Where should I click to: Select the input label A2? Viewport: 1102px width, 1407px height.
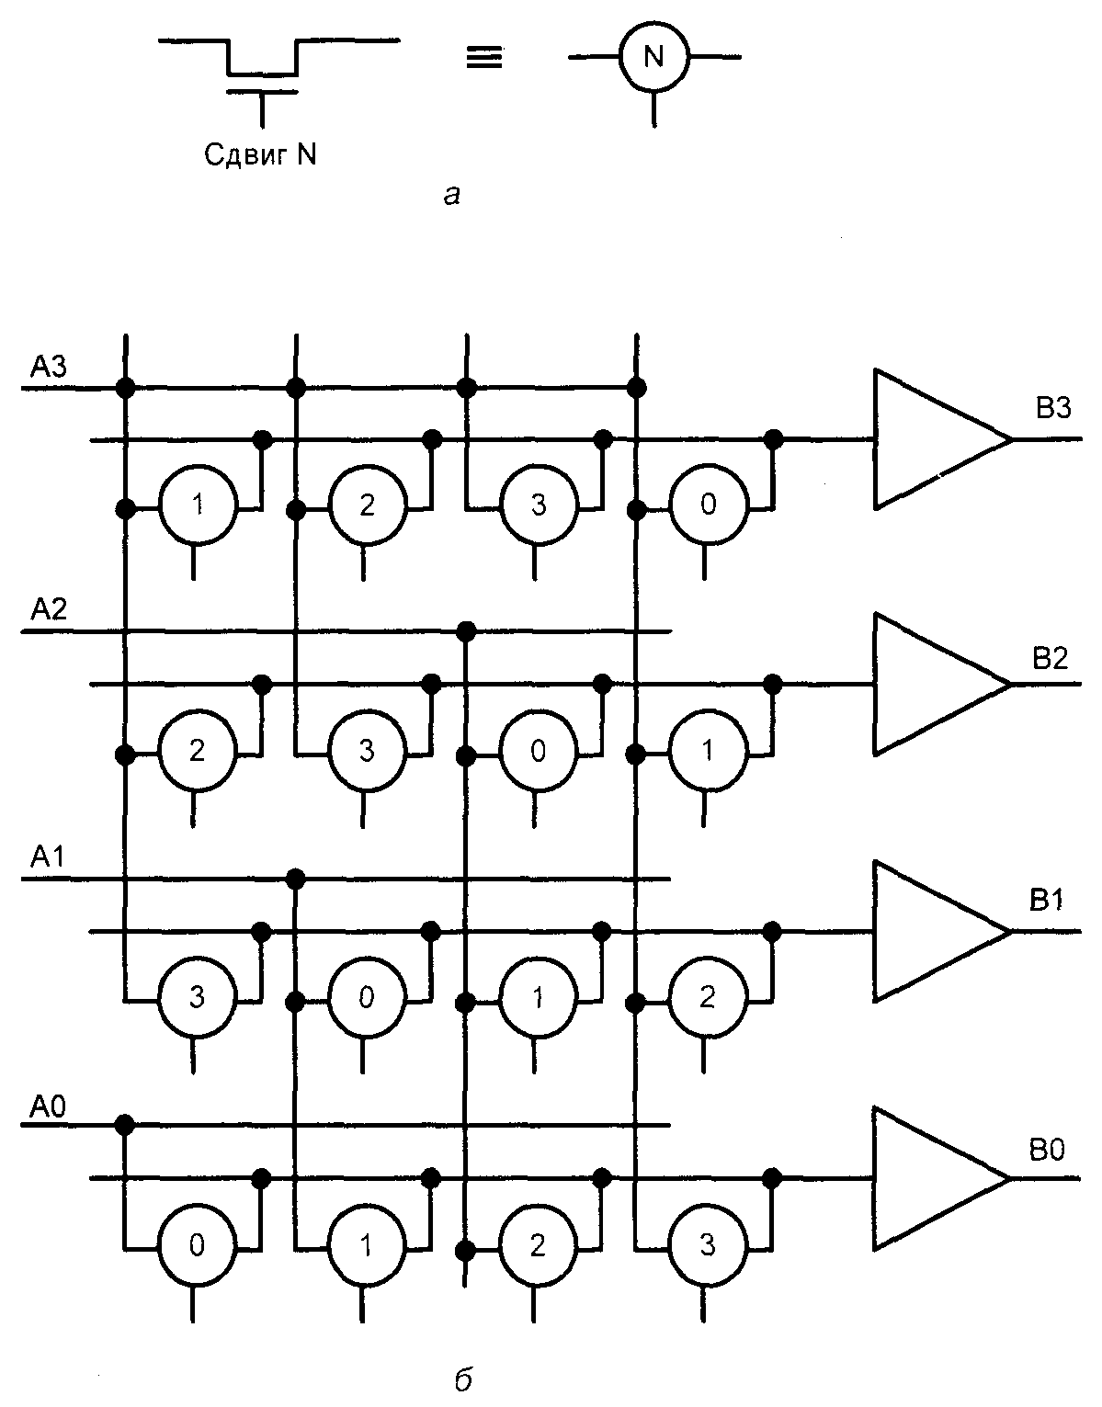tap(47, 610)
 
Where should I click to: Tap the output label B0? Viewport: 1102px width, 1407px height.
tap(1048, 1151)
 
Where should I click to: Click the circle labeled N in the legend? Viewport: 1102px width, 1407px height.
tap(653, 58)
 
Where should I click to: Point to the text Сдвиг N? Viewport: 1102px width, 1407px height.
tap(260, 155)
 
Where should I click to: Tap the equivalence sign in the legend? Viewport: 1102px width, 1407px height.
tap(484, 58)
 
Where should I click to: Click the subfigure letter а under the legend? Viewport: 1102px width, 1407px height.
tap(450, 195)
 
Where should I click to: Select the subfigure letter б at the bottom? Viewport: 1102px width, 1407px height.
tap(463, 1380)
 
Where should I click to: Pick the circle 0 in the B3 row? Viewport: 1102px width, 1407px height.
tap(707, 506)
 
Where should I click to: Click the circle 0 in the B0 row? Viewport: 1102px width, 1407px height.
tap(197, 1246)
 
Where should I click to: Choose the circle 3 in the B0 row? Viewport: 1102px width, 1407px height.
tap(707, 1246)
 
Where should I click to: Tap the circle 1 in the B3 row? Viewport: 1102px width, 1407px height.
tap(197, 506)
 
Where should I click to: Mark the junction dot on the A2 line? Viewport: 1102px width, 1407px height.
tap(466, 630)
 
